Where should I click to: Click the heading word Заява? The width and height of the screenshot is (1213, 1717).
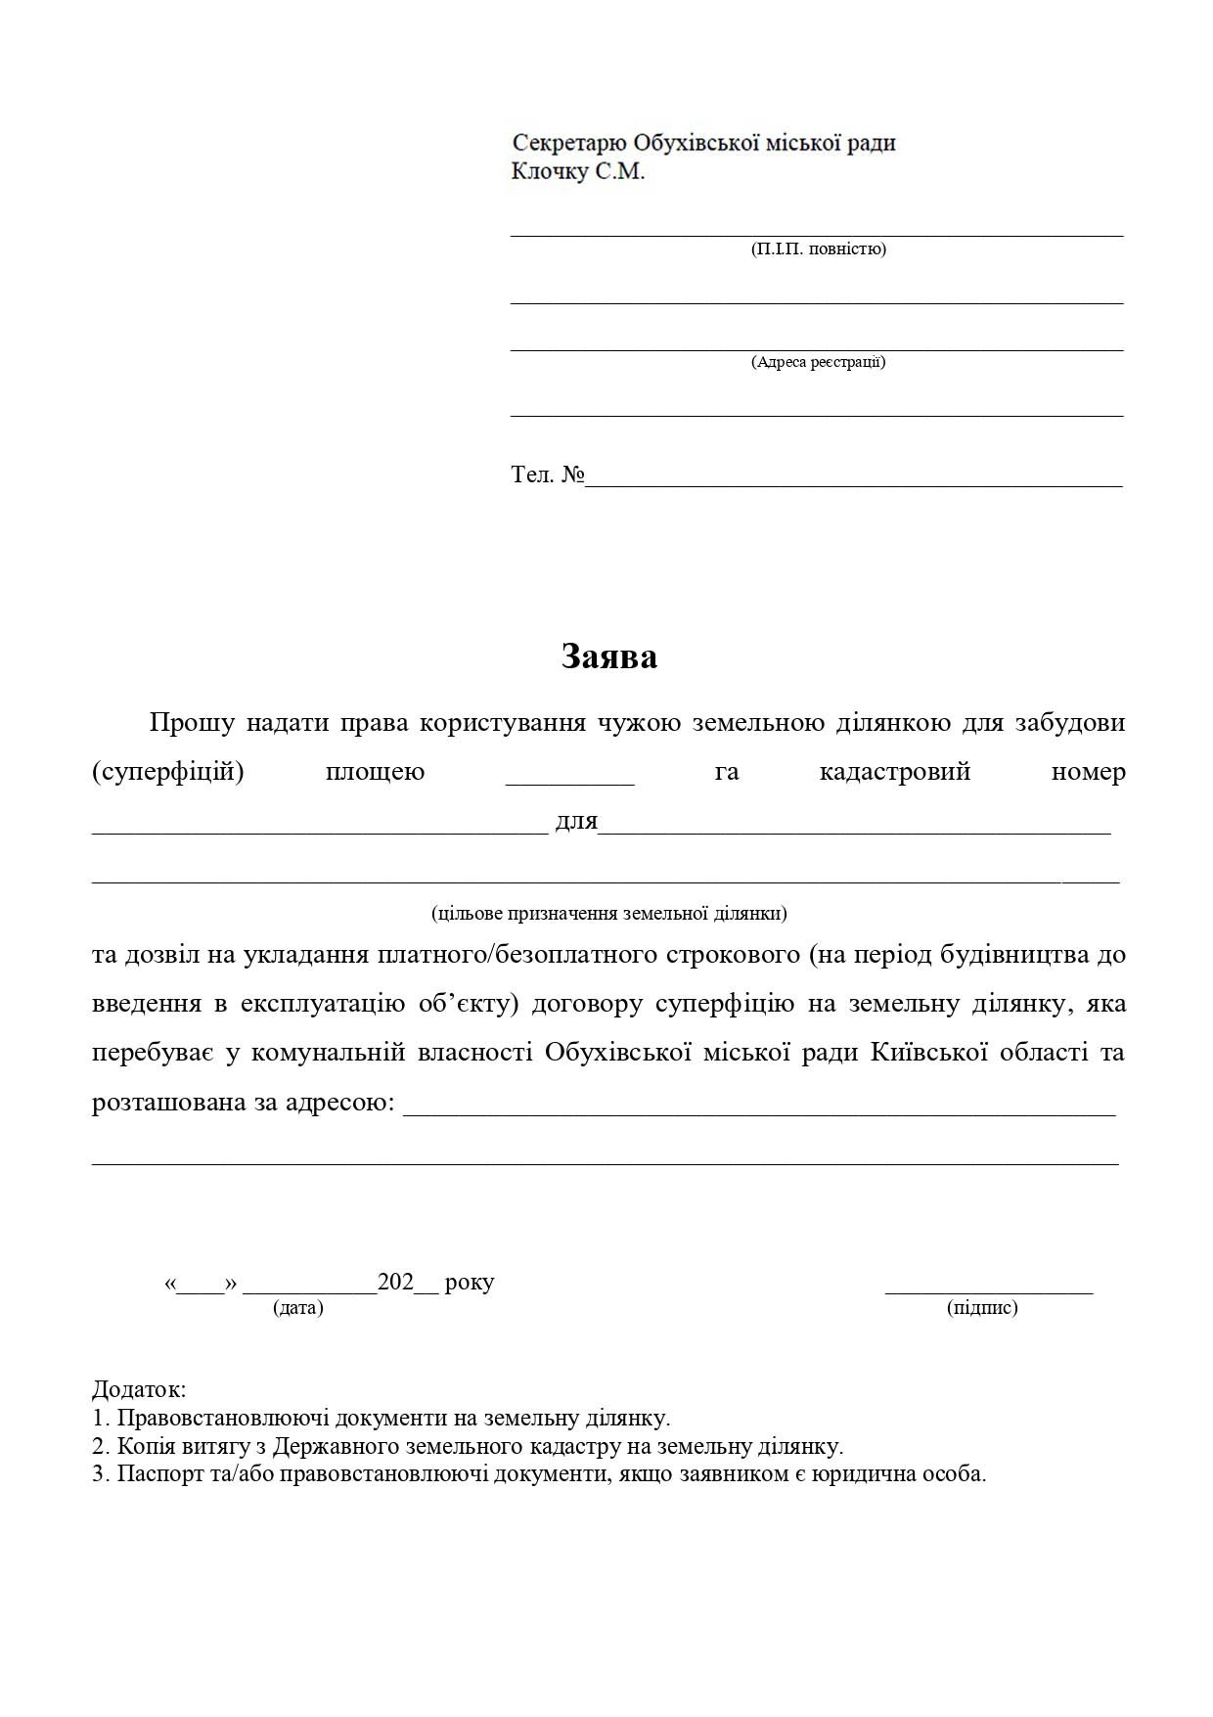[x=608, y=656]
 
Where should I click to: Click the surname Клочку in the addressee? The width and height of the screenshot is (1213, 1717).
[x=551, y=172]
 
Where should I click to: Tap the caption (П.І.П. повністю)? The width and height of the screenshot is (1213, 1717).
[x=818, y=249]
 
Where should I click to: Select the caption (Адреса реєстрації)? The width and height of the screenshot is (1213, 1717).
[x=818, y=362]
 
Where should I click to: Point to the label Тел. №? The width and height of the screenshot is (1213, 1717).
[x=547, y=474]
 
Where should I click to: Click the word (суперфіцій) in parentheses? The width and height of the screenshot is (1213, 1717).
[x=167, y=772]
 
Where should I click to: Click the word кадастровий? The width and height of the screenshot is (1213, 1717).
[x=894, y=772]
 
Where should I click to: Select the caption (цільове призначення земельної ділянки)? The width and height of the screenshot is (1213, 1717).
[x=608, y=913]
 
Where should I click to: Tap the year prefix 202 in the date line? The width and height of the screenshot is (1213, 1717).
[x=396, y=1282]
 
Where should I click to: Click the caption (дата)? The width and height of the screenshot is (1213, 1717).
[x=298, y=1307]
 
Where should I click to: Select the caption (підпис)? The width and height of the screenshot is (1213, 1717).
[x=982, y=1307]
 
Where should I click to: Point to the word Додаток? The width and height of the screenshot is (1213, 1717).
[x=139, y=1389]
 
